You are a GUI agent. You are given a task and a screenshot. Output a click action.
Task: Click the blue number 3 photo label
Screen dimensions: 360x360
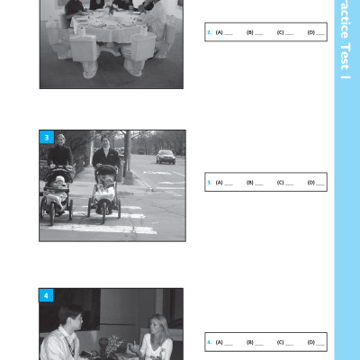47,138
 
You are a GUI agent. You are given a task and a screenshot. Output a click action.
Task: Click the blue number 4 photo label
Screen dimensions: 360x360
47,295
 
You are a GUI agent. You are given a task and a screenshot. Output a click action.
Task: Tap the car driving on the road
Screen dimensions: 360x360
166,156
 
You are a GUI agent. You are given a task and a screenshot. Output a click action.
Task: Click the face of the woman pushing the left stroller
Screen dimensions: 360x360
60,140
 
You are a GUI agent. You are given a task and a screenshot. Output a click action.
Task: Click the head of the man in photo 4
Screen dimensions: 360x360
69,318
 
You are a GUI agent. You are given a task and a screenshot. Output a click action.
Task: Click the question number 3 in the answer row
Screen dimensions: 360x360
209,183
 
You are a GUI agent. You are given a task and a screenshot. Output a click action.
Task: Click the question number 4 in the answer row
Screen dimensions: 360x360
209,342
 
